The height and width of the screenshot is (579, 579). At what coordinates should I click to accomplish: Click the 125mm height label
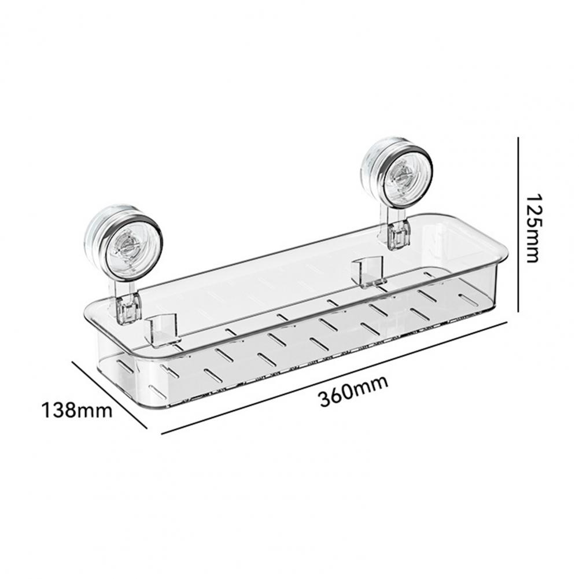pos(533,227)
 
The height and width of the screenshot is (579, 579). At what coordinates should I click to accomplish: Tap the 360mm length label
pos(353,391)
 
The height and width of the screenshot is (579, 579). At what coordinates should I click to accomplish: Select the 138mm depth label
pos(76,411)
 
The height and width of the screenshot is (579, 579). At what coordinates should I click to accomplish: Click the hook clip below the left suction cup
pos(128,308)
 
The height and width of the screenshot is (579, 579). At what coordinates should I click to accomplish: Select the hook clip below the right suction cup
pos(398,235)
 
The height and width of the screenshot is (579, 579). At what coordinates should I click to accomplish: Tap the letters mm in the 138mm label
pos(95,411)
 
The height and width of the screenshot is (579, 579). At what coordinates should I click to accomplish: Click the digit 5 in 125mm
pos(533,222)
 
